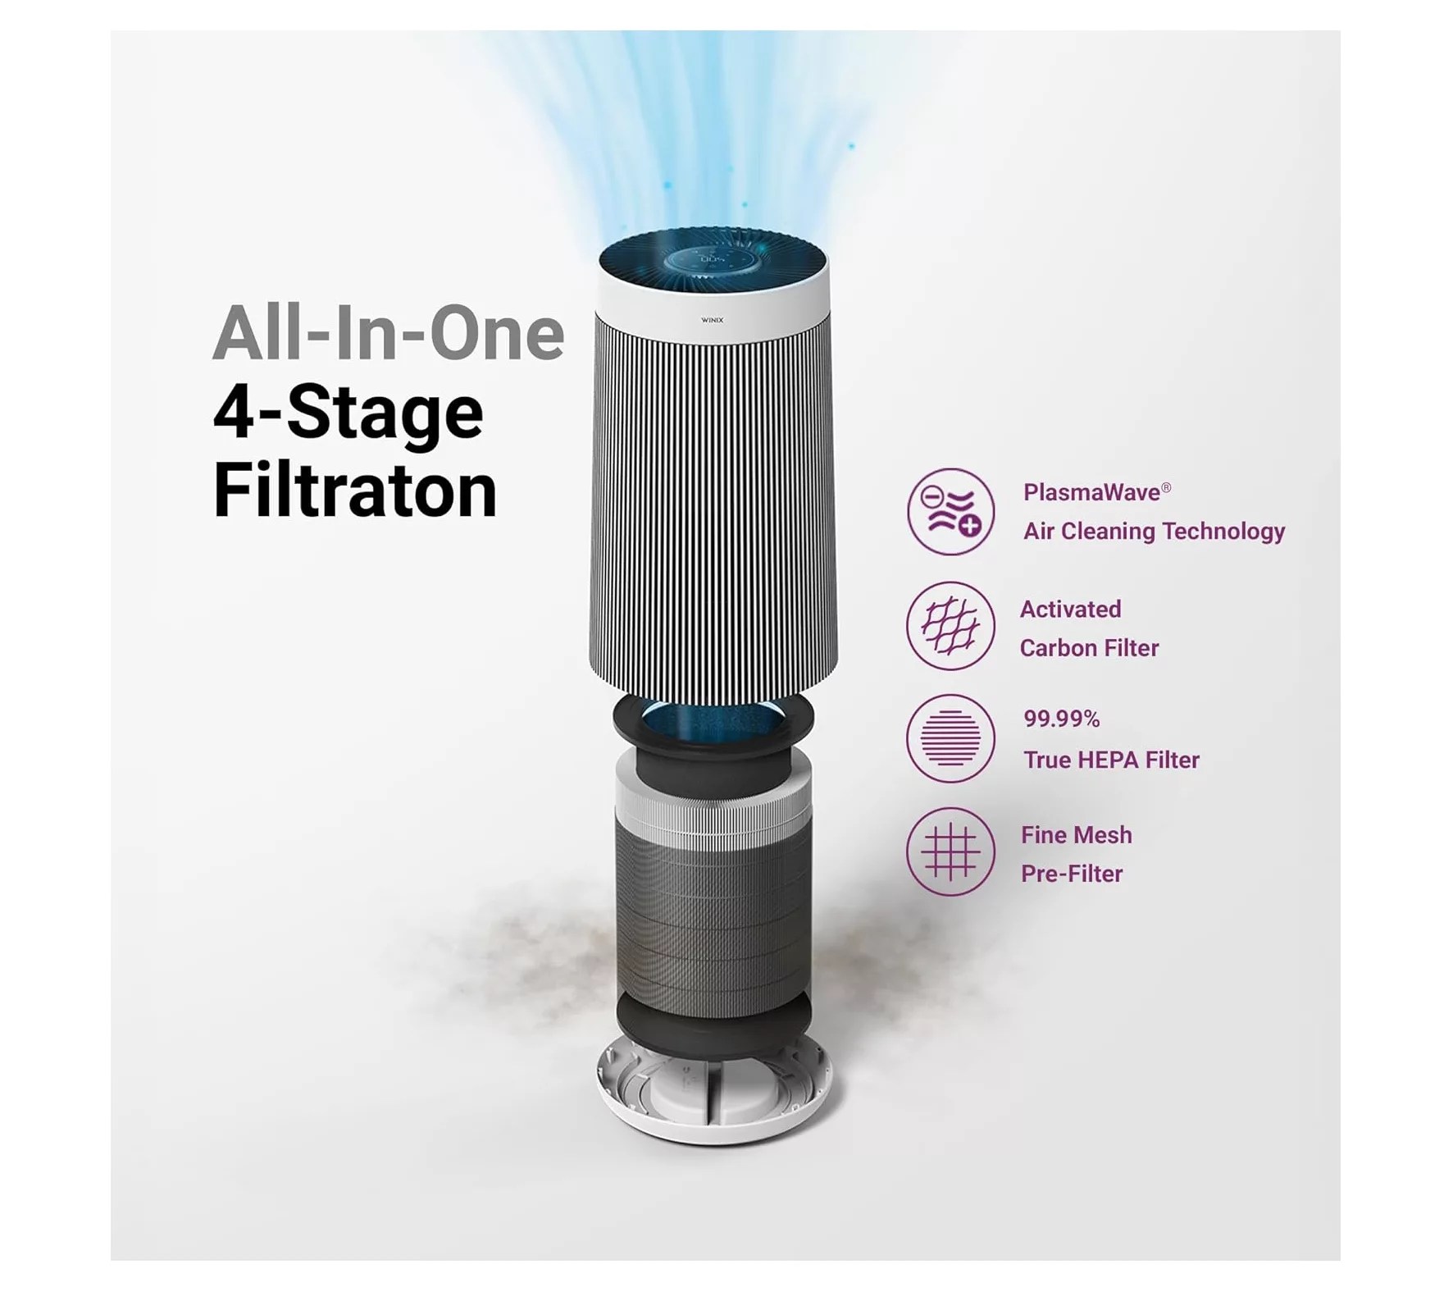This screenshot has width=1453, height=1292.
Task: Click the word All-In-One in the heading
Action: [x=388, y=334]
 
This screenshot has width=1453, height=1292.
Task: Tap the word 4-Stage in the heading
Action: [x=348, y=413]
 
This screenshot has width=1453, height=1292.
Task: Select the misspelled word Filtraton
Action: [x=355, y=491]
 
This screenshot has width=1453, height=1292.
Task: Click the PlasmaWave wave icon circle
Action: [x=950, y=512]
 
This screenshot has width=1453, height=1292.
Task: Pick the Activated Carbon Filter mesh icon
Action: [x=950, y=626]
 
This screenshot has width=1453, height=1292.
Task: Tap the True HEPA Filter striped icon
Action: [x=950, y=738]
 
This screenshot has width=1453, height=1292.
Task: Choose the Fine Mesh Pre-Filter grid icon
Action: [x=950, y=852]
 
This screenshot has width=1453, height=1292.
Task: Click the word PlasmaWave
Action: [x=1091, y=492]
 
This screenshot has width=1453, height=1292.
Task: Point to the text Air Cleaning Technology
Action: [x=1154, y=532]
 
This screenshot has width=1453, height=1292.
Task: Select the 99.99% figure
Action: [x=1061, y=719]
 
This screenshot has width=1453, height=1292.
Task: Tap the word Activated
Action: [x=1070, y=609]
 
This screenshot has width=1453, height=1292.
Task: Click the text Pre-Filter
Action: [x=1071, y=874]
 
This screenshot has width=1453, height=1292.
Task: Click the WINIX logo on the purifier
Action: [x=712, y=320]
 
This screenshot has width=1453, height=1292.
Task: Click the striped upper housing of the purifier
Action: [x=713, y=509]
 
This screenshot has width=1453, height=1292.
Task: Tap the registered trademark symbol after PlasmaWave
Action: [x=1166, y=488]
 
